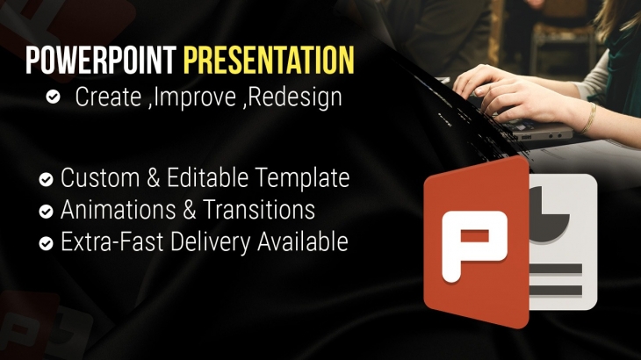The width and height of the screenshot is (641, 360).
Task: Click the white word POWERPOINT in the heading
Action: click(101, 61)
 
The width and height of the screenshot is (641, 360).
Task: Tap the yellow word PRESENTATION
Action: click(269, 61)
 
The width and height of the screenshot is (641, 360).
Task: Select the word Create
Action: click(108, 97)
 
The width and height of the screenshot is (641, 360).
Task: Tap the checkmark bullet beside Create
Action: click(54, 97)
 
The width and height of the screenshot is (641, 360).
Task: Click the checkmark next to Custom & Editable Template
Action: click(46, 179)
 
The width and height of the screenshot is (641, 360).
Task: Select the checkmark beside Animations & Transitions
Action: click(46, 212)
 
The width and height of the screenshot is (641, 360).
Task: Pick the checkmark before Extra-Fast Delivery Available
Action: click(46, 243)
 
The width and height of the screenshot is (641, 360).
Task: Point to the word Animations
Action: click(119, 210)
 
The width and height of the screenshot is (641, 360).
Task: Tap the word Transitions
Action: click(259, 210)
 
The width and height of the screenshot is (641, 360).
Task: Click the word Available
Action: click(303, 241)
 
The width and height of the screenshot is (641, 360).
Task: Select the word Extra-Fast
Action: click(112, 241)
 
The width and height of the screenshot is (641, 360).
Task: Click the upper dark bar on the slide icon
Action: click(556, 269)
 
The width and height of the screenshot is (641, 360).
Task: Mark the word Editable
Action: click(208, 177)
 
